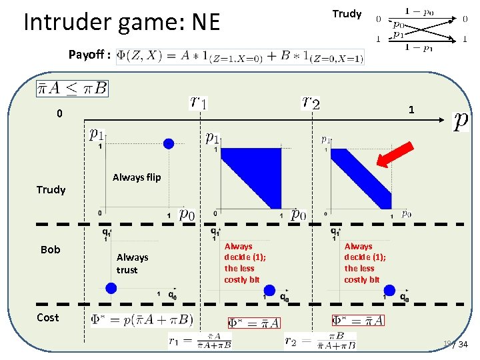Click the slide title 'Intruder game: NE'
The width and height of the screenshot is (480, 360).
tap(121, 23)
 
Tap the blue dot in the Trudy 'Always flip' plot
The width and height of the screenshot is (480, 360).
tap(169, 143)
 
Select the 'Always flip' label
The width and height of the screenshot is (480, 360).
tap(137, 177)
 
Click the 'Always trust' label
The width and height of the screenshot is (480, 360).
tap(132, 263)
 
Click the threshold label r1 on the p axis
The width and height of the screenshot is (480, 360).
tap(199, 101)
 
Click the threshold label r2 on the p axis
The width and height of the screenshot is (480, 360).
tap(311, 101)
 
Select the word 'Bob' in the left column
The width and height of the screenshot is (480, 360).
tap(50, 249)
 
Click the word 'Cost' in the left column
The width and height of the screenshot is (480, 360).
tap(47, 317)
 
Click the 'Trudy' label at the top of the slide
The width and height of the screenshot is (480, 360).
tap(347, 13)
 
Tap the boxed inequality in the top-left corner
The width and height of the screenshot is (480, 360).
tap(73, 87)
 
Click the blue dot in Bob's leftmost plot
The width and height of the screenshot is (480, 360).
tap(111, 288)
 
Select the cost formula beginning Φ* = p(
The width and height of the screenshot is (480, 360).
tap(142, 320)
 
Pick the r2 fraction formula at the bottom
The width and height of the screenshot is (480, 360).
tap(320, 341)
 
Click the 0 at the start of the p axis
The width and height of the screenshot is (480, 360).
tap(59, 113)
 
